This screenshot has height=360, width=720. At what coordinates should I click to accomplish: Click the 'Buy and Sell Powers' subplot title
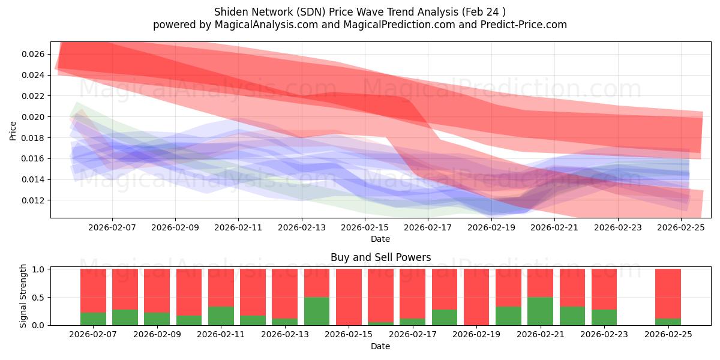click(x=380, y=257)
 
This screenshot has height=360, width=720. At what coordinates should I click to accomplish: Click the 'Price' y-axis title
click(x=13, y=130)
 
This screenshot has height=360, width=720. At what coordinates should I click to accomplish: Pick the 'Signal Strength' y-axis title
click(x=24, y=296)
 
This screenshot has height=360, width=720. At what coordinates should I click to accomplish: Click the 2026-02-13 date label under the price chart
click(x=302, y=228)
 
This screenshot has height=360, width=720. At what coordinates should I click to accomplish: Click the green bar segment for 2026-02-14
click(x=317, y=311)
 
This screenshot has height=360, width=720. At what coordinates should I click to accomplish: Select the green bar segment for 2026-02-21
click(x=540, y=311)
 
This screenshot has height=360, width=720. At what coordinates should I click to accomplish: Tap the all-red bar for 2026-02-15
click(x=349, y=297)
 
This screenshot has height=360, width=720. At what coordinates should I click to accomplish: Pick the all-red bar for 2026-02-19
click(x=476, y=297)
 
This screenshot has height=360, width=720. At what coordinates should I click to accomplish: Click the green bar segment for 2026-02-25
click(x=668, y=322)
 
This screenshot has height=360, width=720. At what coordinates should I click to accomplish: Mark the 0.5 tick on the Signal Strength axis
click(x=39, y=298)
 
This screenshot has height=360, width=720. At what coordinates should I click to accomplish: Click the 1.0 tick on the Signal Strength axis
click(x=39, y=269)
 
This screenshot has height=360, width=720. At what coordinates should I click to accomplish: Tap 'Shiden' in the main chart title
click(x=229, y=12)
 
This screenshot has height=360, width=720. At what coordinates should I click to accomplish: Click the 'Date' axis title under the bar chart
click(x=380, y=346)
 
